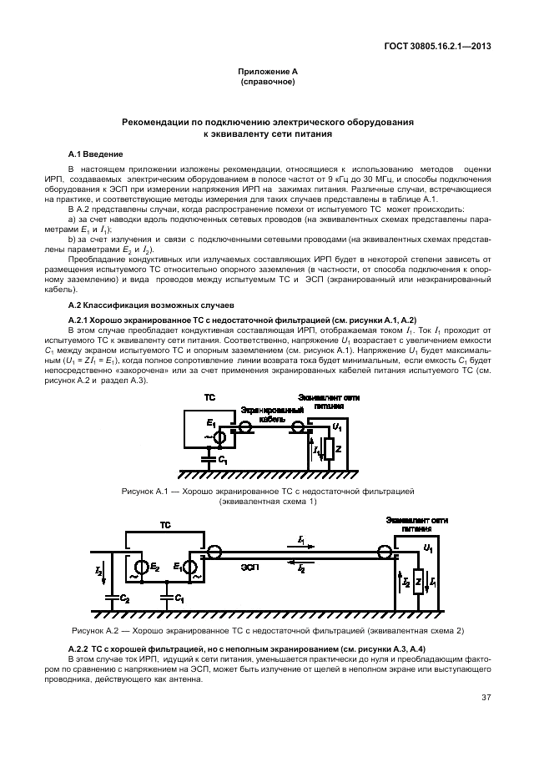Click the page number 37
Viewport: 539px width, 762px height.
click(485, 699)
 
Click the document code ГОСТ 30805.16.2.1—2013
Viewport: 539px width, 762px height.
click(437, 46)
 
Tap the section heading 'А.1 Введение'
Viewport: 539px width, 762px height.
click(95, 155)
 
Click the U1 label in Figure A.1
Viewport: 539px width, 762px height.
click(336, 426)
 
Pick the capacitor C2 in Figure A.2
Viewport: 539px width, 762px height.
click(113, 598)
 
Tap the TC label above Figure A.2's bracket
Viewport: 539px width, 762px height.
click(165, 523)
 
